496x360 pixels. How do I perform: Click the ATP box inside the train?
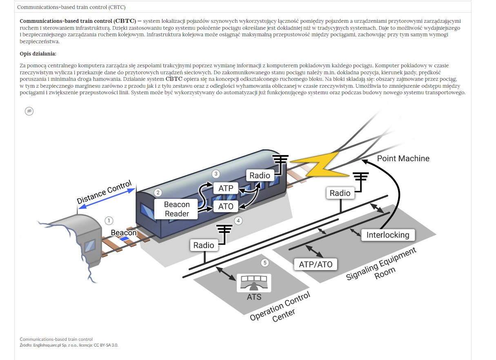click(226, 189)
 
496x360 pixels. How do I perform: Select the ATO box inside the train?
click(226, 207)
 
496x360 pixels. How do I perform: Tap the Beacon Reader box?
click(177, 209)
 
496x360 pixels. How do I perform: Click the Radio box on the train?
click(260, 176)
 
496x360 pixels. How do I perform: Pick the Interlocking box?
click(387, 235)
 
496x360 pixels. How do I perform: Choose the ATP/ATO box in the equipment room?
click(316, 264)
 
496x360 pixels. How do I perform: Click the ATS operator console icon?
click(254, 283)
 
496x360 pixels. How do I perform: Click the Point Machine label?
click(403, 158)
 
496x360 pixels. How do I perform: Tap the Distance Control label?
click(105, 192)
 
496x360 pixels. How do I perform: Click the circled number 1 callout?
click(109, 220)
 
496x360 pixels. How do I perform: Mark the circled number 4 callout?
click(238, 221)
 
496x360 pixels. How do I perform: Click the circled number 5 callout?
click(265, 263)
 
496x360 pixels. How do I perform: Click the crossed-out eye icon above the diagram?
click(29, 111)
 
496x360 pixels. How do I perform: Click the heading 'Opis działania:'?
click(38, 54)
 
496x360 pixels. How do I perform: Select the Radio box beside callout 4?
click(204, 245)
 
